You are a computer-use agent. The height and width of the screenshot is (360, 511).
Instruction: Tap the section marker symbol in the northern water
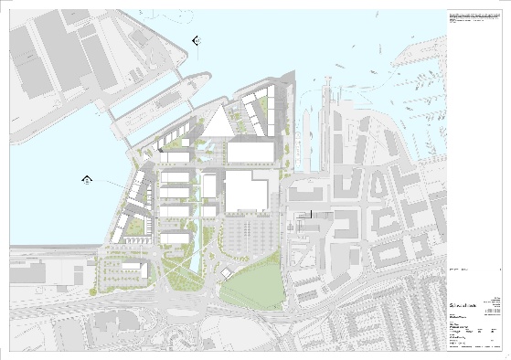(x=197, y=37)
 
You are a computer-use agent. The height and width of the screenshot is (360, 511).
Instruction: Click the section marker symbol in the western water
(x=86, y=179)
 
